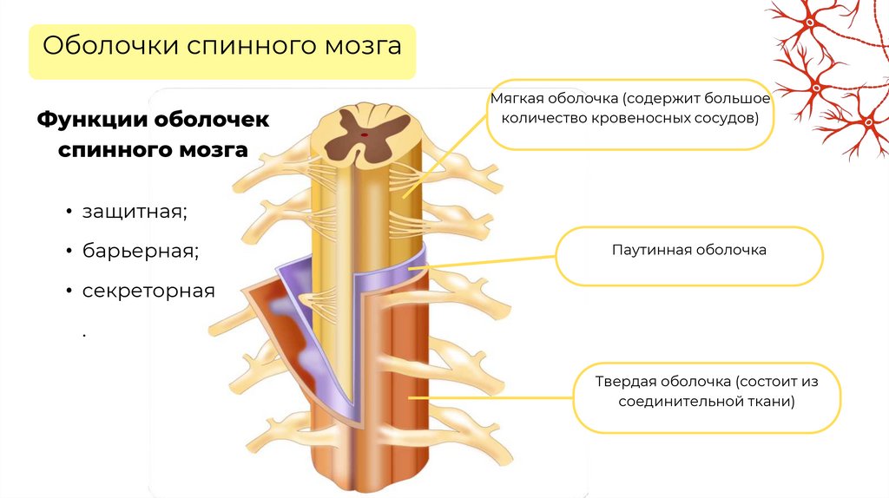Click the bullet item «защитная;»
point(135,212)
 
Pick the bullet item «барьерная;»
point(141,252)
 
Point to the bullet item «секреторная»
point(148,291)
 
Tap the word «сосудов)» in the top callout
point(729,117)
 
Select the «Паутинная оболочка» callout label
point(688,250)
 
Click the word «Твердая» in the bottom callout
point(625,382)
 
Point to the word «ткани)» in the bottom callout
point(772,402)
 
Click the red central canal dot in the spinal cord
point(364,134)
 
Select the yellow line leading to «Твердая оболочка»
point(495,398)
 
